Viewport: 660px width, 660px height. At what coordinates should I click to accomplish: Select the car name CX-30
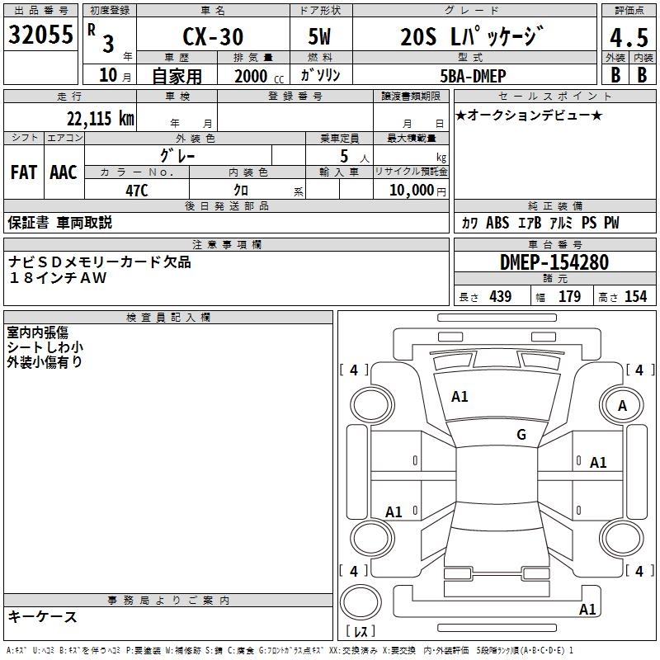tap(213, 38)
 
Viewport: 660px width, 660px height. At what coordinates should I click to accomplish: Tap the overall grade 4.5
tap(627, 38)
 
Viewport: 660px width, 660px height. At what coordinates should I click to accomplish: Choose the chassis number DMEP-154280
tap(554, 262)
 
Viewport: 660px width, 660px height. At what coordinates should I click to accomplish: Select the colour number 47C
tap(136, 190)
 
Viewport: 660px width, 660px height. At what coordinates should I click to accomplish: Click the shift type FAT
tap(24, 172)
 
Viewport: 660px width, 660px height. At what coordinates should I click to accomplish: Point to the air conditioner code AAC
tap(64, 172)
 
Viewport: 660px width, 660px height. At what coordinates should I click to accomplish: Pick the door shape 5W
tap(319, 38)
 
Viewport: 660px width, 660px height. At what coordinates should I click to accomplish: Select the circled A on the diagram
tap(622, 405)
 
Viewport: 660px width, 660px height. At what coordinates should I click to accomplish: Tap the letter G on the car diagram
tap(521, 435)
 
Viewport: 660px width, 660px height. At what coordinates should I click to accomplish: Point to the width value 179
tap(569, 297)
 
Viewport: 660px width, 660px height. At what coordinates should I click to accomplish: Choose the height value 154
tap(635, 297)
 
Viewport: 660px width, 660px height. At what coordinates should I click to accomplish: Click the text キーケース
tap(42, 616)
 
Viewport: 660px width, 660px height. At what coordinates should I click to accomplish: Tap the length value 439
tap(500, 297)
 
